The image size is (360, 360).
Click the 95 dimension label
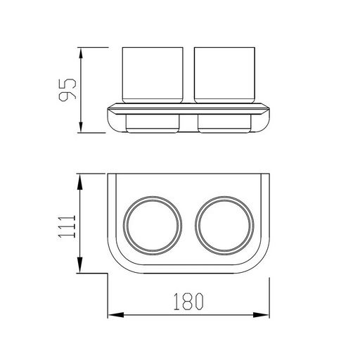click(67, 90)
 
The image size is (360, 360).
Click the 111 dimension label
click(67, 226)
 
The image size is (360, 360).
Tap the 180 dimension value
click(188, 302)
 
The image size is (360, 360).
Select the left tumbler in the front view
click(153, 75)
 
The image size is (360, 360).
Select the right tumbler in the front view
click(224, 75)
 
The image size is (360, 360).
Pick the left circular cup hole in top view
click(123, 226)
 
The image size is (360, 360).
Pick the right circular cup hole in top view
click(195, 226)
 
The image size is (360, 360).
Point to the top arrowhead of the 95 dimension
click(81, 53)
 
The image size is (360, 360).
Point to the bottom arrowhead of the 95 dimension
click(81, 127)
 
